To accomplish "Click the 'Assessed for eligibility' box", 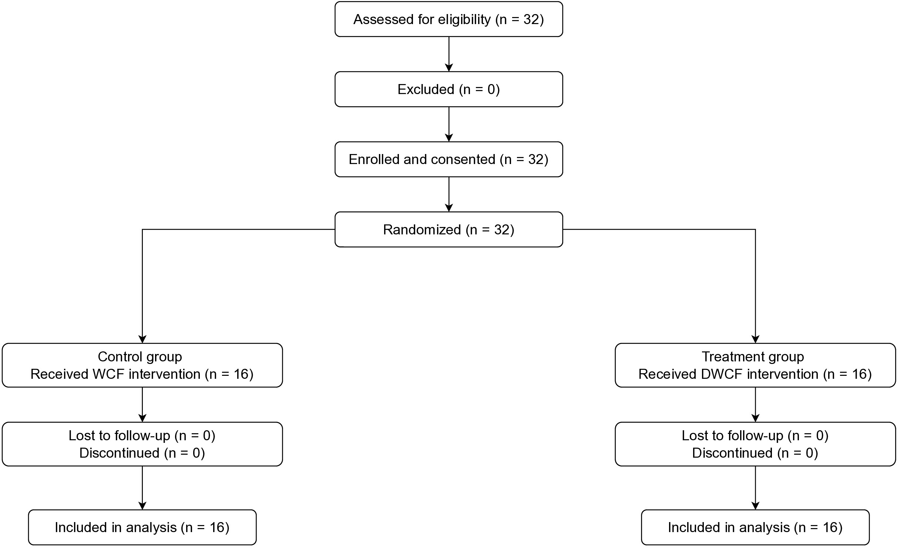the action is pyautogui.click(x=448, y=19).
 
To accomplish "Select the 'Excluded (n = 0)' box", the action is pyautogui.click(x=448, y=89).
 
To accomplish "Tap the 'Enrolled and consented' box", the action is pyautogui.click(x=448, y=159).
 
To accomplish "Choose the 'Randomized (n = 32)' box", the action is pyautogui.click(x=448, y=230).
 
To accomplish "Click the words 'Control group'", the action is pyautogui.click(x=140, y=357).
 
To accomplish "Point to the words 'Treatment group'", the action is pyautogui.click(x=753, y=357).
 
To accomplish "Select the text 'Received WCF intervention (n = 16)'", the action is pyautogui.click(x=142, y=374).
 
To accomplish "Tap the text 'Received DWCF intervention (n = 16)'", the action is pyautogui.click(x=755, y=374).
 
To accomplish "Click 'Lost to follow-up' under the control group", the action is pyautogui.click(x=119, y=435).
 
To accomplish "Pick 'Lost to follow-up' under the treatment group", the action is pyautogui.click(x=732, y=435).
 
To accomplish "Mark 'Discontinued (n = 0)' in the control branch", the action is pyautogui.click(x=142, y=453).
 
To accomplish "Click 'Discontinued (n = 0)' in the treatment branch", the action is pyautogui.click(x=755, y=453).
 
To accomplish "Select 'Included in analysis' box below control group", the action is pyautogui.click(x=142, y=527).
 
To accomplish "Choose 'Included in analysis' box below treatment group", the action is pyautogui.click(x=755, y=527).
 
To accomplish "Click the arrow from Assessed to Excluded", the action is pyautogui.click(x=449, y=54).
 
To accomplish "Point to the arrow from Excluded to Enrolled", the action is pyautogui.click(x=449, y=124).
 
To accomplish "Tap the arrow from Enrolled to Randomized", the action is pyautogui.click(x=449, y=194).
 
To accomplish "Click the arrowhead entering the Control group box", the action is pyautogui.click(x=142, y=340).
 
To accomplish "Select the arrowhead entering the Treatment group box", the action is pyautogui.click(x=755, y=340).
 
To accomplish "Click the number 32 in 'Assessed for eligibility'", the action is pyautogui.click(x=531, y=19).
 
